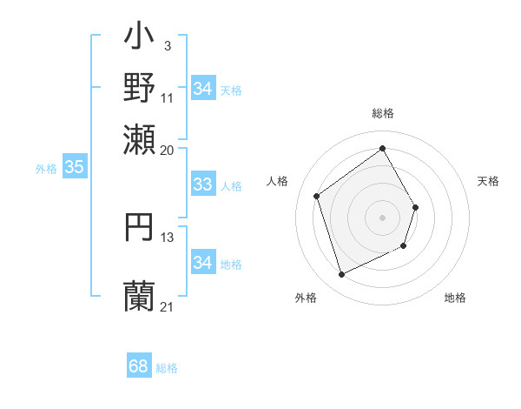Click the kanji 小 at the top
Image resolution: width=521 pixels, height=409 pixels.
[x=140, y=39]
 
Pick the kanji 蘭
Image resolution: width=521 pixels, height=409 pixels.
[x=140, y=295]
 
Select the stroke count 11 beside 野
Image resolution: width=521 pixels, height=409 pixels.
[x=168, y=97]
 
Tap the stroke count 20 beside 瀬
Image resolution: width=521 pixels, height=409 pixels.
[x=168, y=149]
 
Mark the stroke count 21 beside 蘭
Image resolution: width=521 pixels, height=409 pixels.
[x=168, y=306]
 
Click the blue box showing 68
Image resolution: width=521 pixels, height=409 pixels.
[x=139, y=366]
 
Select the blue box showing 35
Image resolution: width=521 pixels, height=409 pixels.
[x=74, y=168]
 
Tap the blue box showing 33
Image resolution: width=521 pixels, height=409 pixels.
[x=202, y=184]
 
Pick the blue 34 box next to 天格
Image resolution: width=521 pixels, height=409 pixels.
[x=202, y=89]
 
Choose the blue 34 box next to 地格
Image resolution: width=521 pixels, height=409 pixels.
[x=202, y=263]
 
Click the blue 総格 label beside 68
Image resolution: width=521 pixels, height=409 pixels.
[x=167, y=368]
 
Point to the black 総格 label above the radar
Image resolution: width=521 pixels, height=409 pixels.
[x=382, y=114]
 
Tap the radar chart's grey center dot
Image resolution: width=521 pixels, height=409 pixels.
[x=382, y=217]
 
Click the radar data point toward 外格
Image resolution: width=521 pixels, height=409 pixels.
[x=341, y=275]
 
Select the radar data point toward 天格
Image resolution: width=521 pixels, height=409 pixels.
[x=416, y=207]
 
